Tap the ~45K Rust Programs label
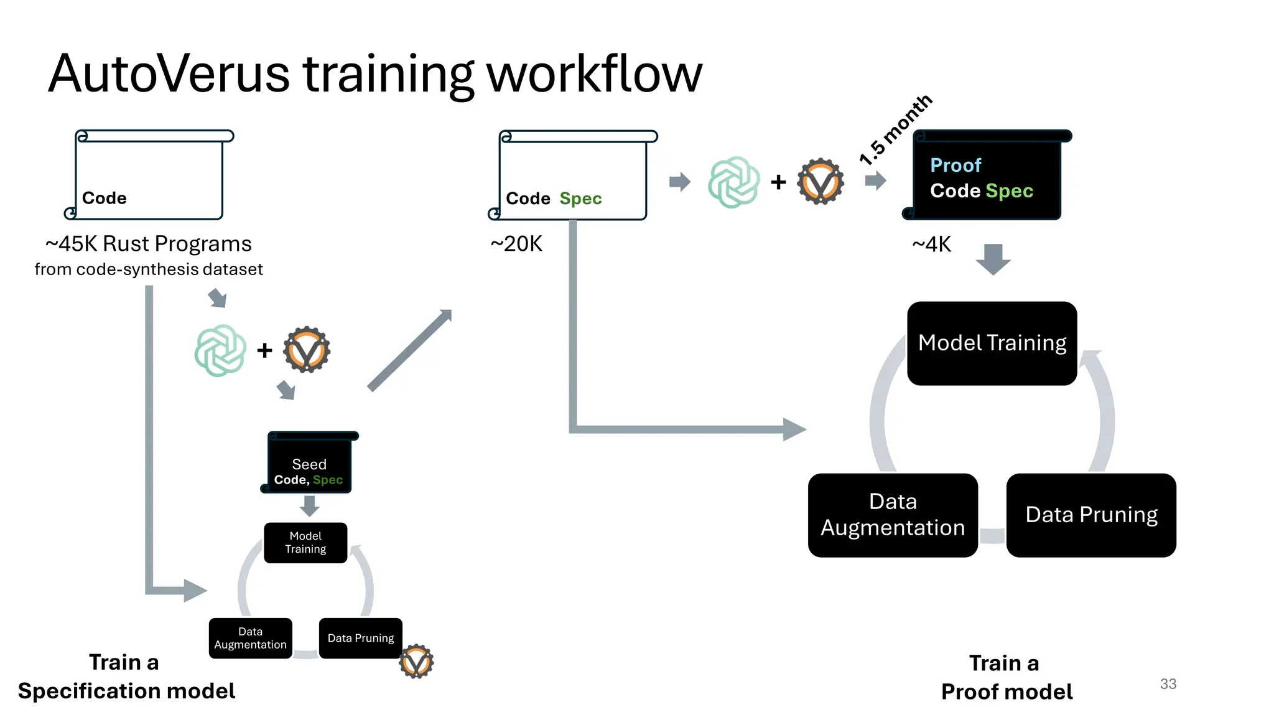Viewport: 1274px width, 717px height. coord(149,243)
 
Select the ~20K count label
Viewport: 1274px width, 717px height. coord(516,244)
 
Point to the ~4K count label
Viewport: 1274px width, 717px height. coord(931,245)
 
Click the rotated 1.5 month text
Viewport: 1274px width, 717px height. coord(895,130)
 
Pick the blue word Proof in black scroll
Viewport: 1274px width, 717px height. coord(955,166)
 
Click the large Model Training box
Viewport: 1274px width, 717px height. coord(992,344)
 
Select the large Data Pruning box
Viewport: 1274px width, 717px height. coord(1091,515)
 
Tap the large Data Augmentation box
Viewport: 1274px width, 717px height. coord(893,515)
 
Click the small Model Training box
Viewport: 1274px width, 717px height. coord(305,543)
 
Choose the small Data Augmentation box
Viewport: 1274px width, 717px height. coord(250,638)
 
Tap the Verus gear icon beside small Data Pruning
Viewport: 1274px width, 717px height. coord(416,662)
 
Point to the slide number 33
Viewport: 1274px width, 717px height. coord(1168,684)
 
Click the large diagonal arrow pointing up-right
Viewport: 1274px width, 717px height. coord(410,350)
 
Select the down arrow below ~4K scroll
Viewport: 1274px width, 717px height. coord(993,259)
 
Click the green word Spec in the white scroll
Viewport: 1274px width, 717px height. coord(580,199)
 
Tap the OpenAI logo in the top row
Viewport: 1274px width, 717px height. coord(734,182)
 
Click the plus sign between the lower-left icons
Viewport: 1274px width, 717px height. coord(264,350)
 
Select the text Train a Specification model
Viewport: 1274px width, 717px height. coord(126,677)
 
